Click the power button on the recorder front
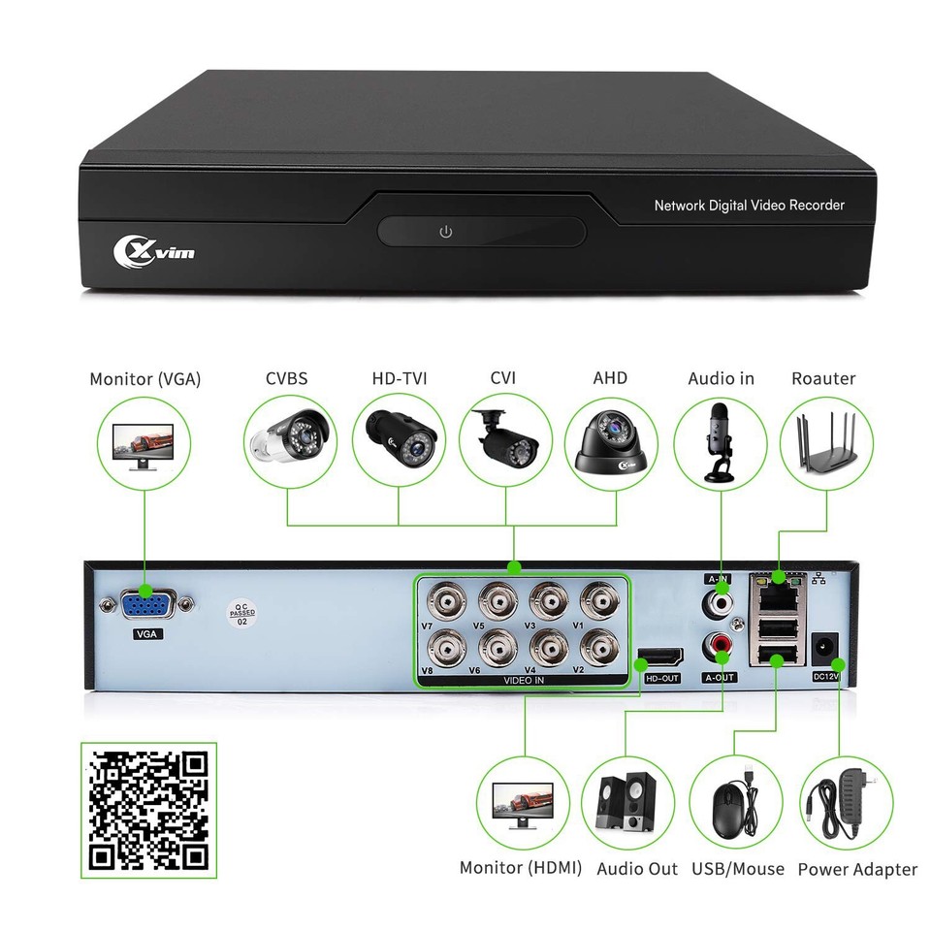click(x=445, y=232)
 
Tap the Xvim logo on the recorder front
click(x=154, y=251)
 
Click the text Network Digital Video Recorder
click(x=749, y=206)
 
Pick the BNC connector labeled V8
click(x=448, y=645)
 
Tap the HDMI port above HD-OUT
click(x=659, y=659)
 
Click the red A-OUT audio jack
click(x=720, y=645)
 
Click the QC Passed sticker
click(x=241, y=614)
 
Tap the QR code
click(x=148, y=811)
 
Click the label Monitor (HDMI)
click(x=521, y=868)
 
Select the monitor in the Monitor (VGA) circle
click(x=145, y=445)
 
